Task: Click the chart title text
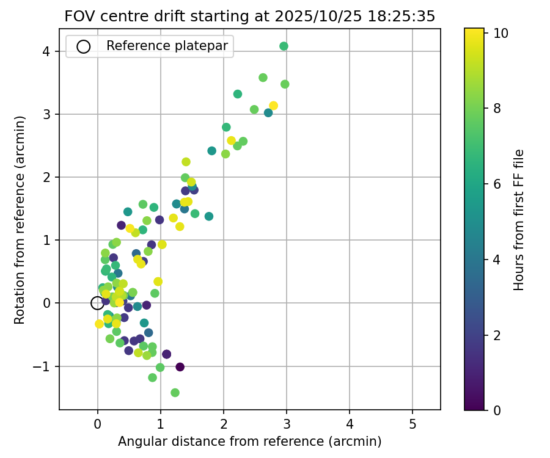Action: click(x=250, y=16)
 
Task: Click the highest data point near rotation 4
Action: click(x=284, y=46)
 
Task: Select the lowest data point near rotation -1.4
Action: click(x=175, y=393)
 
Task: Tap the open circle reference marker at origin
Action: click(x=97, y=303)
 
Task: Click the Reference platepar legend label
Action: click(x=167, y=46)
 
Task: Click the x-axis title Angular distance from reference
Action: click(x=250, y=442)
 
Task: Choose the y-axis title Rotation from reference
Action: click(x=20, y=220)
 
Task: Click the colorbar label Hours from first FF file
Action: click(x=519, y=220)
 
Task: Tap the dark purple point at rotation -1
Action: click(x=180, y=366)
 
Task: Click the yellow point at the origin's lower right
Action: click(x=100, y=324)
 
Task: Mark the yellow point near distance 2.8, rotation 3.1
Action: click(x=273, y=106)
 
